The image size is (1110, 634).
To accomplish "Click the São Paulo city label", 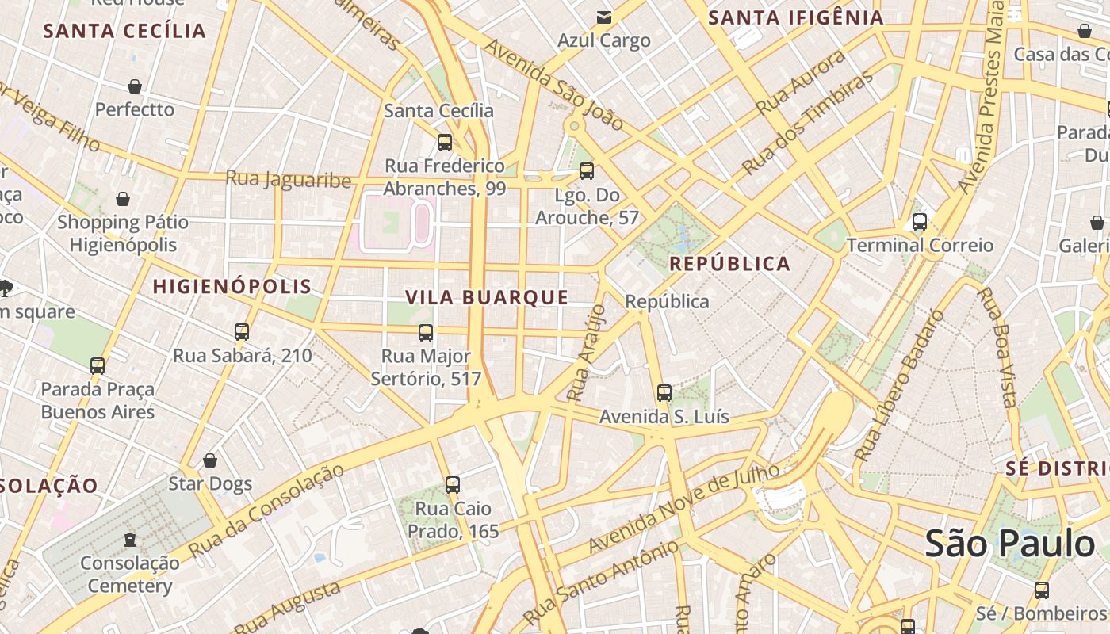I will point(1009,544).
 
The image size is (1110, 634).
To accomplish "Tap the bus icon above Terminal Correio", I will point(920,222).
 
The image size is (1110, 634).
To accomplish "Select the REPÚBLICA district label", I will point(730,264).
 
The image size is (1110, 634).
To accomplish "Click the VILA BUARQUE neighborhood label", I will point(487,297).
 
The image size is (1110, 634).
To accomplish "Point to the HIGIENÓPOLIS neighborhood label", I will point(232,286).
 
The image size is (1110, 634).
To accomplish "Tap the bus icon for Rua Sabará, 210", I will point(242,332).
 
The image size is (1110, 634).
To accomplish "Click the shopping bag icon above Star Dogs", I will point(210,460).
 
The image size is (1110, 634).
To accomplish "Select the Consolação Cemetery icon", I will point(129,540).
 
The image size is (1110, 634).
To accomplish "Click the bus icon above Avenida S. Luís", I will point(664,393).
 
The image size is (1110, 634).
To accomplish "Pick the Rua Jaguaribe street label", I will point(289,179).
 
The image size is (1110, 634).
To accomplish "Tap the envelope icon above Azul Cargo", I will point(604,17).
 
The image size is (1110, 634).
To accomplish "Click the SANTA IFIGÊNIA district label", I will point(795,17).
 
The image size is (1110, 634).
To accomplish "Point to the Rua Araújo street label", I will point(587,351).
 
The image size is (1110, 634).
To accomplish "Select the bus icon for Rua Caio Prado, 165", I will point(453,485).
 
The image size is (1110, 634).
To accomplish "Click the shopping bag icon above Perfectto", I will point(135,86).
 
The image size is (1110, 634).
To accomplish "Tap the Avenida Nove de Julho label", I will point(683,509).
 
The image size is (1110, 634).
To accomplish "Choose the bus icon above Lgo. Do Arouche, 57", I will point(587,171).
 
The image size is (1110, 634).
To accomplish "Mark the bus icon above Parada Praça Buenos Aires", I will point(98,366).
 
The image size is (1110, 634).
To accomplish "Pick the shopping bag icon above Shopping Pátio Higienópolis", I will point(123,199).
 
